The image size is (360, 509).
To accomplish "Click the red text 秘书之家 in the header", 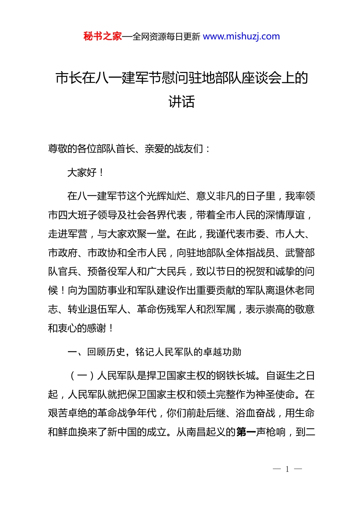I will [103, 36].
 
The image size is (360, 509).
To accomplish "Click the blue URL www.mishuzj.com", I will [241, 36].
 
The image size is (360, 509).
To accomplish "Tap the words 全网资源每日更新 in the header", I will [166, 37].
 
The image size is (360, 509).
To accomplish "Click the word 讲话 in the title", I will [182, 101].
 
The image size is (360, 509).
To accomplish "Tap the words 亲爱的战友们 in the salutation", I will [174, 149].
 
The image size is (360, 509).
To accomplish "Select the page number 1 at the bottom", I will [287, 469].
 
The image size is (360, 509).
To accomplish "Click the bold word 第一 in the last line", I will [246, 432].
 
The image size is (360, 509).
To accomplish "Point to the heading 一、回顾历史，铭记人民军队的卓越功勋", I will [154, 352].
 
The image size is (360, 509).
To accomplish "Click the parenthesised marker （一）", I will [82, 376].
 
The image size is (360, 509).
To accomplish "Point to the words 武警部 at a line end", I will [300, 253].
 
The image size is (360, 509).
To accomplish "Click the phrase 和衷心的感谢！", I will [81, 328].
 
